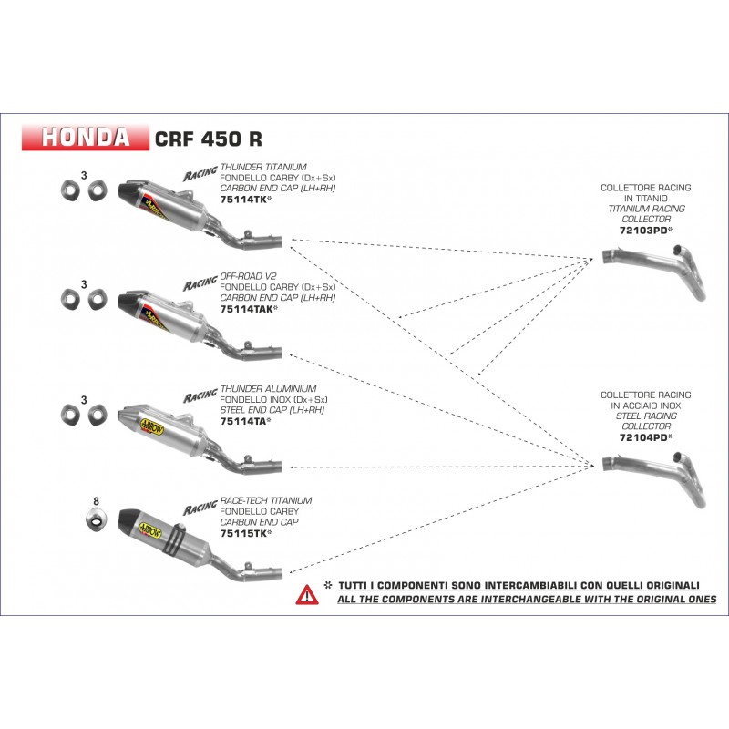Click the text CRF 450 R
tap(209, 139)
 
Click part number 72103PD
tap(639, 230)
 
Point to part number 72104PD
tap(639, 437)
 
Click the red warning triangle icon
tap(306, 595)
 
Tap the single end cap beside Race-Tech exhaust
tap(95, 520)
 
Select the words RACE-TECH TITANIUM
tap(266, 500)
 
